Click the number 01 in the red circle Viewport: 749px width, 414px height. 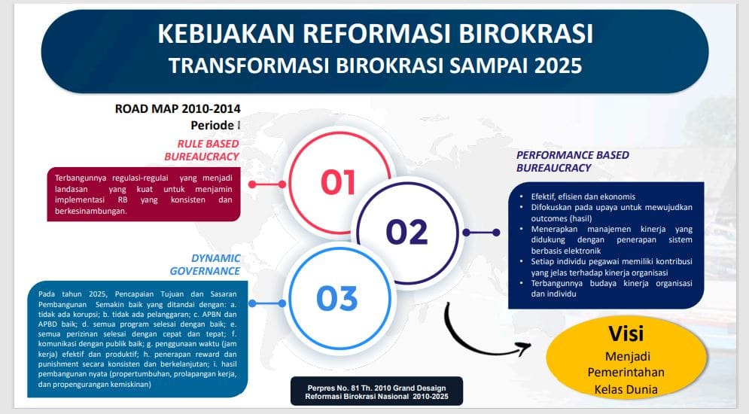(x=338, y=182)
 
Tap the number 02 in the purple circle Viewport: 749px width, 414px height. (x=406, y=232)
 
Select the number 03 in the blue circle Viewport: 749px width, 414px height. (x=336, y=298)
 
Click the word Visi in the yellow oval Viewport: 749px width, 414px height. (x=626, y=333)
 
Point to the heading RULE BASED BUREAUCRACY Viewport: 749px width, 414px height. (x=202, y=150)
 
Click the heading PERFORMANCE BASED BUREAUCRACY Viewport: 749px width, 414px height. (x=572, y=161)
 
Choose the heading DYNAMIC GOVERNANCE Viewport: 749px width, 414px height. (x=205, y=264)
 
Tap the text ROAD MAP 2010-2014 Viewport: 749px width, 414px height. (x=178, y=109)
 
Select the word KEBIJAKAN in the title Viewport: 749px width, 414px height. (x=226, y=34)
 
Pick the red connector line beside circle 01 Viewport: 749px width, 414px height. (x=267, y=184)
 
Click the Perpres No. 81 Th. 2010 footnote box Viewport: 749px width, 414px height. (x=376, y=391)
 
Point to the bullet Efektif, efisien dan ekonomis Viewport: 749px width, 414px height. (x=583, y=196)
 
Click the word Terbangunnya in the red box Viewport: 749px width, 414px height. (x=81, y=178)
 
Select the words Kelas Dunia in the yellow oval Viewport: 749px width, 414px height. (x=626, y=389)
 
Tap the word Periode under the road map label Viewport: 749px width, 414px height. (x=212, y=125)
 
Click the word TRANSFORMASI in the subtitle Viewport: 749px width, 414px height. (x=249, y=66)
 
